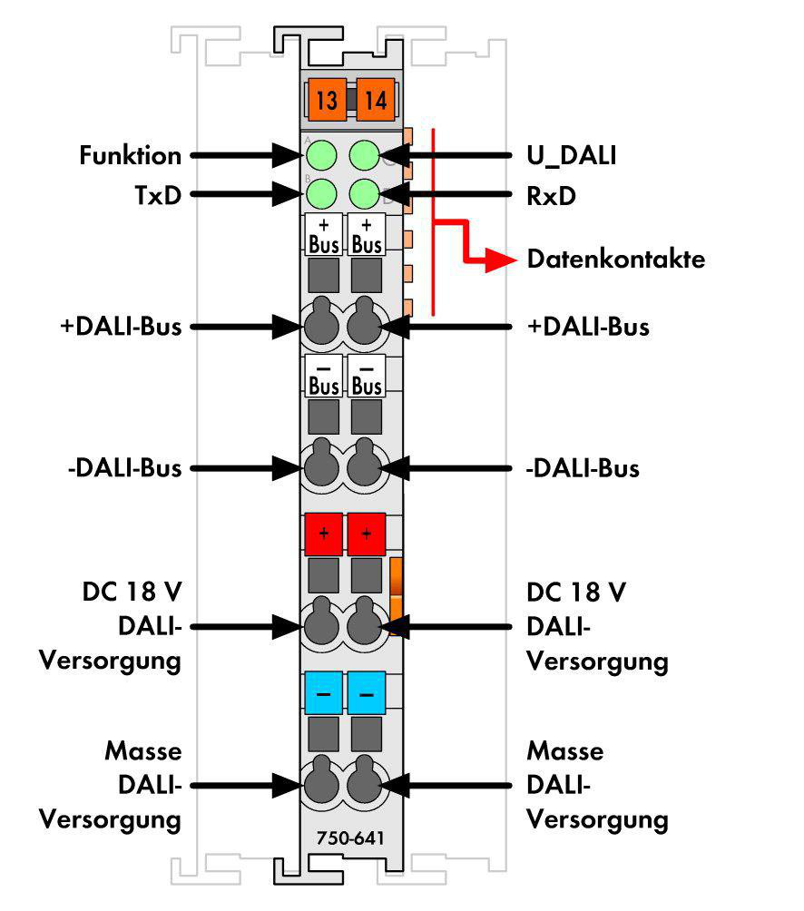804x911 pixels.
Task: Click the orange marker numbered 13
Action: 327,99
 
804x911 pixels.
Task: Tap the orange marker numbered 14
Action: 376,99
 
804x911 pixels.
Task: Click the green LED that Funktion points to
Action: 321,155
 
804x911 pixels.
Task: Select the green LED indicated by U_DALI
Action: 365,155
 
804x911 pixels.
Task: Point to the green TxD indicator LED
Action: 321,194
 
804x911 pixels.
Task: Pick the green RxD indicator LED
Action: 365,194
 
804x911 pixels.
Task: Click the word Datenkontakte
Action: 616,260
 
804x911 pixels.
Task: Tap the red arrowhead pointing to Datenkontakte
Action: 501,260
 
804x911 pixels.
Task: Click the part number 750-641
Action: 350,838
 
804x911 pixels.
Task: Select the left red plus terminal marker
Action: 324,534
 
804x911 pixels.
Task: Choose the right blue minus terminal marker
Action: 367,692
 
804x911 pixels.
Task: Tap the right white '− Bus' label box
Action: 367,376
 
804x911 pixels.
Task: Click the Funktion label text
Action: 130,156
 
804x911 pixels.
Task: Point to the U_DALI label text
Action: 572,156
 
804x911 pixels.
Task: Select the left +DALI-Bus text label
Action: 121,327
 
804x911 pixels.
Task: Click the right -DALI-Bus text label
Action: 583,468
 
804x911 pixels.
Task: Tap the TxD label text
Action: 158,195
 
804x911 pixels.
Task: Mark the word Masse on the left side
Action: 143,751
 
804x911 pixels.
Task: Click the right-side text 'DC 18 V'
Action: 576,593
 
